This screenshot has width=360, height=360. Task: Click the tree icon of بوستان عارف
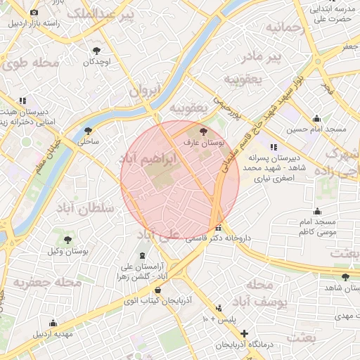[204, 131]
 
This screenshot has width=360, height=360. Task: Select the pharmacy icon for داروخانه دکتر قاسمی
[219, 228]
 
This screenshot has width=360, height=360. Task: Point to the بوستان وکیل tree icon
[68, 240]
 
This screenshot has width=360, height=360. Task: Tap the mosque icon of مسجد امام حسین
[317, 118]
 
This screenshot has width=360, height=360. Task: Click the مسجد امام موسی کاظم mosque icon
[317, 211]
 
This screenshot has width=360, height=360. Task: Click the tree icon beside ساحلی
[88, 130]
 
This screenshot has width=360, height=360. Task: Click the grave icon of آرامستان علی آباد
[143, 254]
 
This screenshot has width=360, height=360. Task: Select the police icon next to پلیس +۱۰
[219, 308]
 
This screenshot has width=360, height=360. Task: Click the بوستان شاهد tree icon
[345, 277]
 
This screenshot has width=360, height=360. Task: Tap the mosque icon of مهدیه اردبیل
[53, 323]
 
